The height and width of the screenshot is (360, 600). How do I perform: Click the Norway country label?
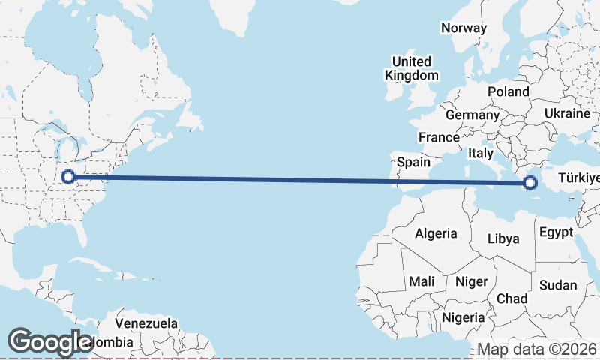click(463, 28)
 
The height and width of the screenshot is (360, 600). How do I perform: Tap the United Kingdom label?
click(412, 68)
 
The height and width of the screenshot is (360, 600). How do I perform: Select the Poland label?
click(508, 91)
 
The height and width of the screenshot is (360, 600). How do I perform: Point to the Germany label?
click(472, 115)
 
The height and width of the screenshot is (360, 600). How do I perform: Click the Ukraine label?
click(568, 113)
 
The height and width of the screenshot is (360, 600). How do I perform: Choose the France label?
click(439, 137)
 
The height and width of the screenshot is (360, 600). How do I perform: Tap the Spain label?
click(414, 161)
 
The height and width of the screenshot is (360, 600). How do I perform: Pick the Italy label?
click(480, 152)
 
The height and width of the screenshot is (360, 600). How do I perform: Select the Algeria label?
click(436, 233)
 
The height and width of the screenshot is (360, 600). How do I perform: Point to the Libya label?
click(503, 238)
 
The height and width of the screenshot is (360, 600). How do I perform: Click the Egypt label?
click(556, 232)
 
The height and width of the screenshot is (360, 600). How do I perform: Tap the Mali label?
click(421, 281)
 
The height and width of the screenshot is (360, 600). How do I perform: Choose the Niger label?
click(472, 281)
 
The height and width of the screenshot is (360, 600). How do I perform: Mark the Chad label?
click(512, 298)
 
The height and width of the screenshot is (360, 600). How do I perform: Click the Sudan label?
click(558, 284)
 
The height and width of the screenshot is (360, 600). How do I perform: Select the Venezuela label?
click(147, 324)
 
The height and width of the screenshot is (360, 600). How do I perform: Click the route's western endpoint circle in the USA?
click(68, 177)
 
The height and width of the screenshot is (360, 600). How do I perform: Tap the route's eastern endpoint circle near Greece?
click(531, 182)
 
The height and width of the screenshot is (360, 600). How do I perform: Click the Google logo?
click(50, 342)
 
